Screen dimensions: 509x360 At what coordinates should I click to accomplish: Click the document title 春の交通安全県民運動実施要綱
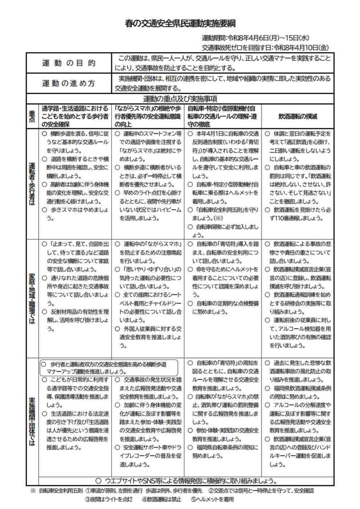[180, 23]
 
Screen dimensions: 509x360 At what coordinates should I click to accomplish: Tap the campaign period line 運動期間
[264, 38]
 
